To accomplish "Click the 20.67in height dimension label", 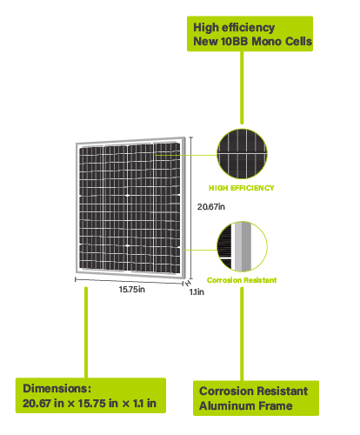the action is click(211, 207).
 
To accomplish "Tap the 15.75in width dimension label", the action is click(132, 290).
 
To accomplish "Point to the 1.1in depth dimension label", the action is click(197, 292).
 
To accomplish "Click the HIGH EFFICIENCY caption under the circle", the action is click(242, 188).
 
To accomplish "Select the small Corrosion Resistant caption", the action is click(242, 280).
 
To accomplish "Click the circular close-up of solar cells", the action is click(242, 154).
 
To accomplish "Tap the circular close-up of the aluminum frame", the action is click(242, 246).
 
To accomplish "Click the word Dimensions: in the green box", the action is click(57, 389).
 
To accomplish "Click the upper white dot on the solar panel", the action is click(128, 196).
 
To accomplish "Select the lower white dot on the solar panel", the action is click(128, 245).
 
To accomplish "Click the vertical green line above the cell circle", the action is click(242, 88).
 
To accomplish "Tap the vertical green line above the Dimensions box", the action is click(86, 332).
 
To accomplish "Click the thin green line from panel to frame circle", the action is click(200, 250).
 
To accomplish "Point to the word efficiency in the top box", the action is click(248, 28).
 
